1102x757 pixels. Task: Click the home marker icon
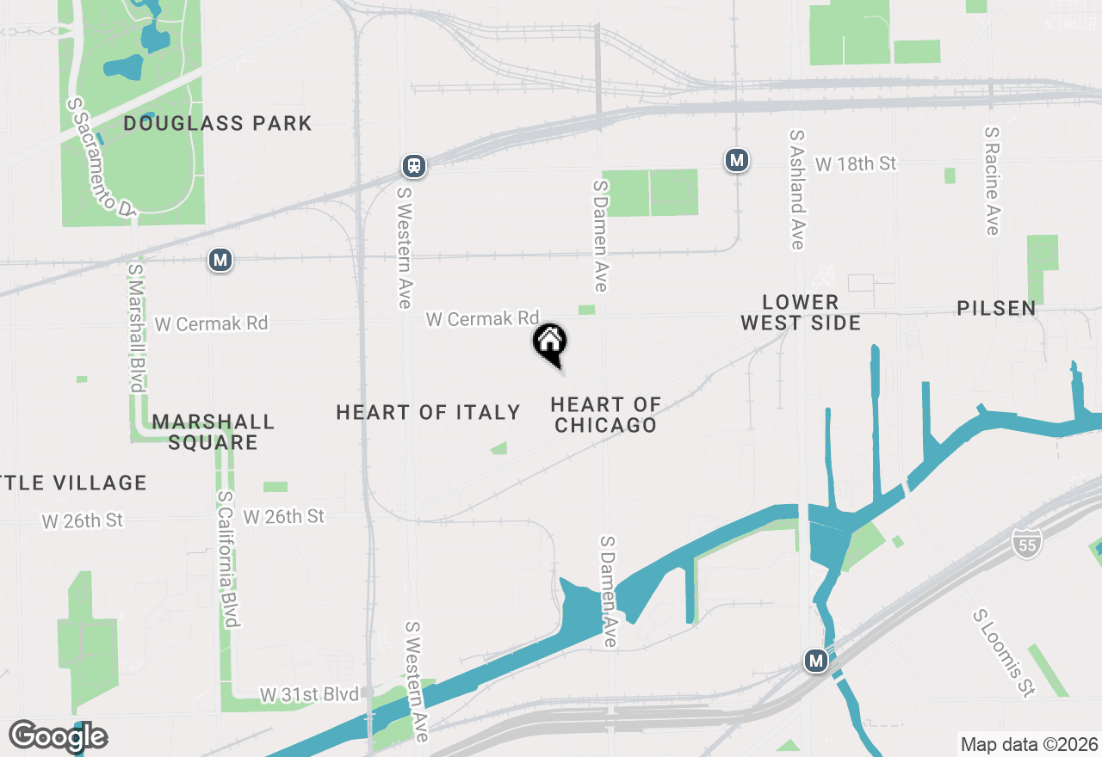coord(550,342)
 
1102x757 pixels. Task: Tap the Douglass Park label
coord(217,123)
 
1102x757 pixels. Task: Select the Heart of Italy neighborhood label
coord(428,413)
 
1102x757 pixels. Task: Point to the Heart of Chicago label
coord(606,415)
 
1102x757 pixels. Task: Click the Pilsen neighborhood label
coord(996,308)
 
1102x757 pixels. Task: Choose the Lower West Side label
coord(801,312)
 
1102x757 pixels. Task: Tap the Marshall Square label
coord(213,432)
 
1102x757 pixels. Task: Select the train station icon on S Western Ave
coord(414,165)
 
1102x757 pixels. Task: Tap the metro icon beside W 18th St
coord(736,160)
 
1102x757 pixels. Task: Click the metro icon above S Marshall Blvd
coord(221,259)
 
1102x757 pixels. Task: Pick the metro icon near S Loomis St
coord(816,661)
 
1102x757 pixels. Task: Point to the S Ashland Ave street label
coord(797,190)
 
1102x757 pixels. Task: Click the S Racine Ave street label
coord(992,182)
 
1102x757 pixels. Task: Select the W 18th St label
coord(856,163)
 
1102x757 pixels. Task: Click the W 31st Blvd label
coord(309,694)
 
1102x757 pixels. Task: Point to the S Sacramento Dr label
coord(101,157)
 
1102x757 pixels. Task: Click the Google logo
coord(58,736)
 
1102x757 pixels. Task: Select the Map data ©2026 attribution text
coord(1029,744)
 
